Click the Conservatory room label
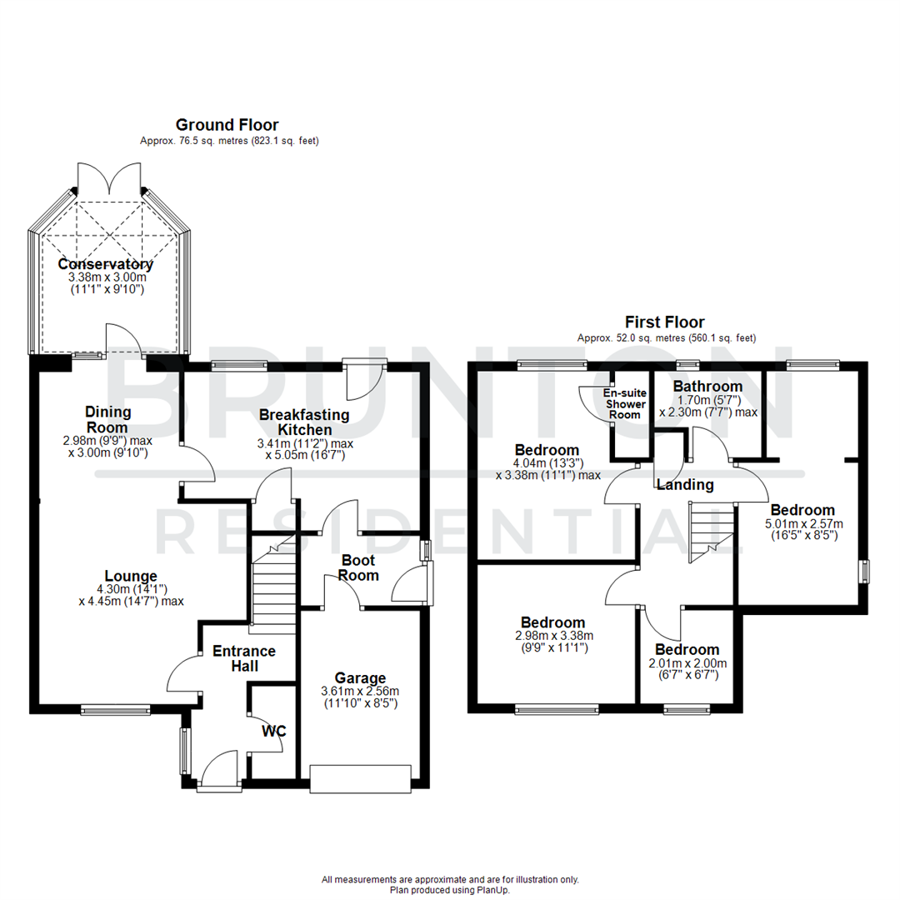106,264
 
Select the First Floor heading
665,322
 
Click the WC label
274,732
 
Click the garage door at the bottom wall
360,777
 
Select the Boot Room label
358,568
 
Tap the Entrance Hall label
245,658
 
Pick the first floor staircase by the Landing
710,533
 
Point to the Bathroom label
707,387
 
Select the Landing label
685,485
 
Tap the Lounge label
131,576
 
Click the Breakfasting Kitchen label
302,422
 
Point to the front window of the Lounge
116,710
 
